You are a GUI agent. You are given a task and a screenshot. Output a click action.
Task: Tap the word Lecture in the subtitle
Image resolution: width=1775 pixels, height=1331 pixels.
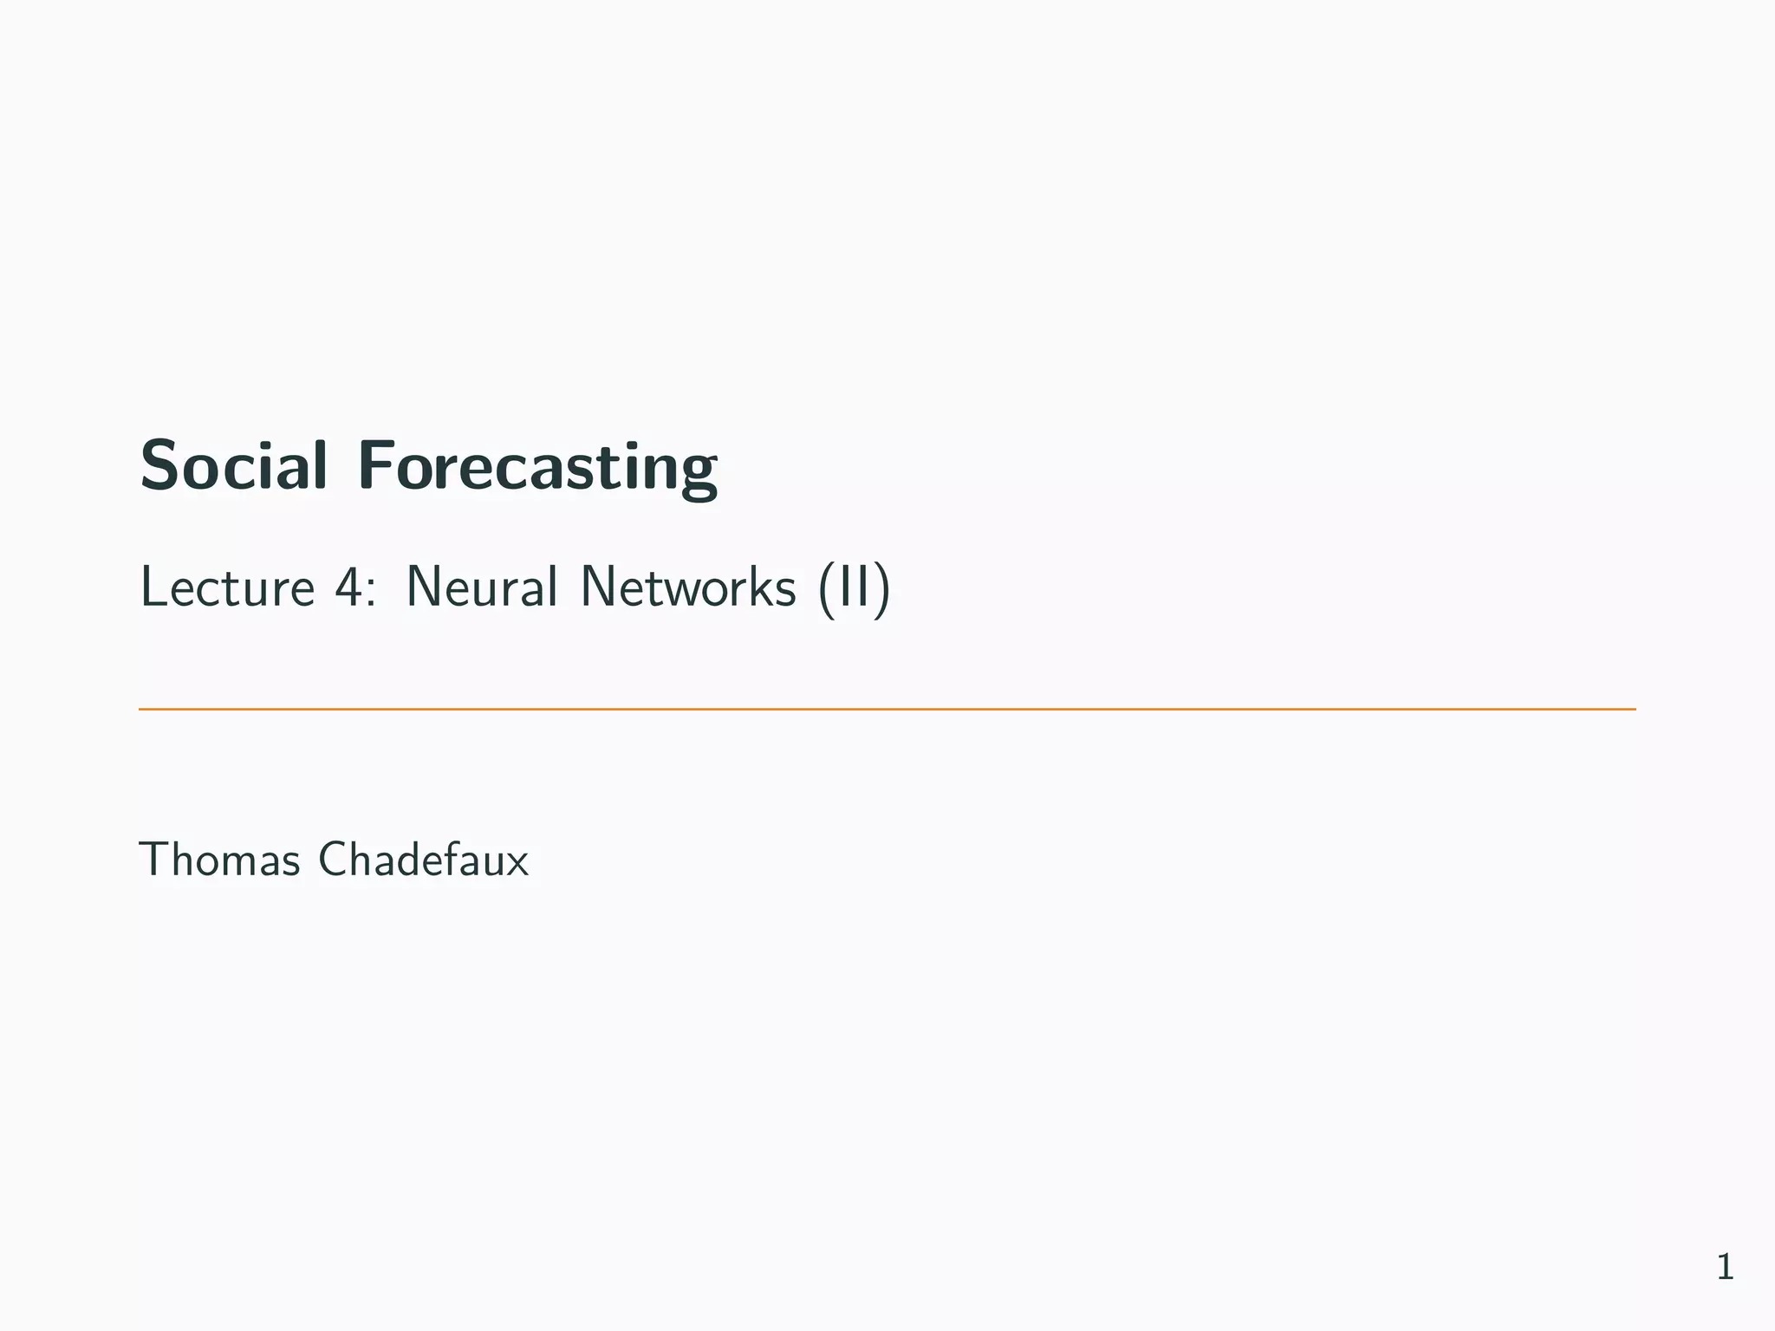(227, 588)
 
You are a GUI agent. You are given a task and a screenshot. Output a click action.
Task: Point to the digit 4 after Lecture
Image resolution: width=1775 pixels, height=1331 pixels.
(348, 588)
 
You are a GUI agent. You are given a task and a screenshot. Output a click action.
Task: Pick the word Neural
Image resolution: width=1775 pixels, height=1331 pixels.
(481, 588)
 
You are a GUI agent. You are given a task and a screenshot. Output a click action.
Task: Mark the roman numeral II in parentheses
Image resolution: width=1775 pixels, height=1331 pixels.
(853, 588)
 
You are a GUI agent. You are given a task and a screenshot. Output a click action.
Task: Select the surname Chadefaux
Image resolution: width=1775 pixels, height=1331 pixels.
(423, 860)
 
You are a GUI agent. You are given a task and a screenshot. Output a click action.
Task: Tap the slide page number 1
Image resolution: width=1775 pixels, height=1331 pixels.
(1725, 1268)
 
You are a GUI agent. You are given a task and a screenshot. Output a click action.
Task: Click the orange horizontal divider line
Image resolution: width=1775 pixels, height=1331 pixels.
(887, 709)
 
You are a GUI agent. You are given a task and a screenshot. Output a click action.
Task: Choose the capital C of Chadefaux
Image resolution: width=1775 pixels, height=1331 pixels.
(333, 860)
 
